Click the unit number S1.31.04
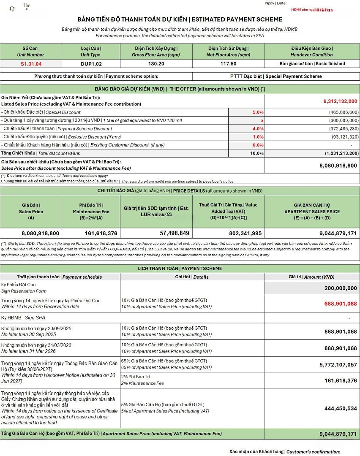pyautogui.click(x=31, y=64)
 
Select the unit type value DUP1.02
pyautogui.click(x=91, y=64)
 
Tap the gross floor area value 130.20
pyautogui.click(x=156, y=64)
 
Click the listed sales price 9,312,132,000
pyautogui.click(x=340, y=101)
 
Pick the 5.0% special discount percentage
pyautogui.click(x=258, y=112)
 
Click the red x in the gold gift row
pyautogui.click(x=262, y=120)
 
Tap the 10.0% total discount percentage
pyautogui.click(x=257, y=153)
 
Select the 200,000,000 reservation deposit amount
pyautogui.click(x=336, y=288)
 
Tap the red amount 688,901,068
pyautogui.click(x=335, y=304)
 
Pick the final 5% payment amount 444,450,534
pyautogui.click(x=336, y=408)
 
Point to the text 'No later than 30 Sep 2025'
pyautogui.click(x=29, y=334)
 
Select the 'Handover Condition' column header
pyautogui.click(x=311, y=55)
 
